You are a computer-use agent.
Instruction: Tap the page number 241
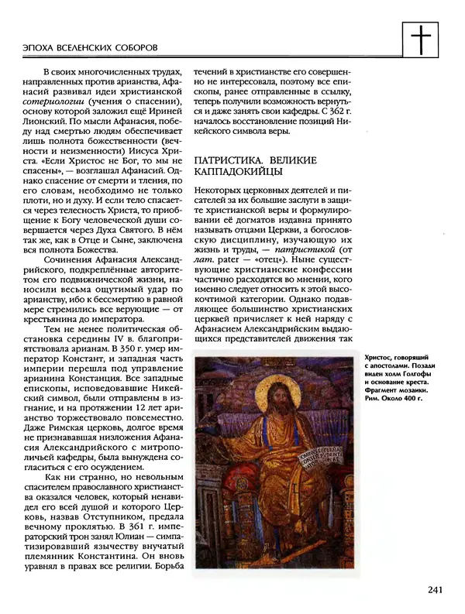point(434,590)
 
